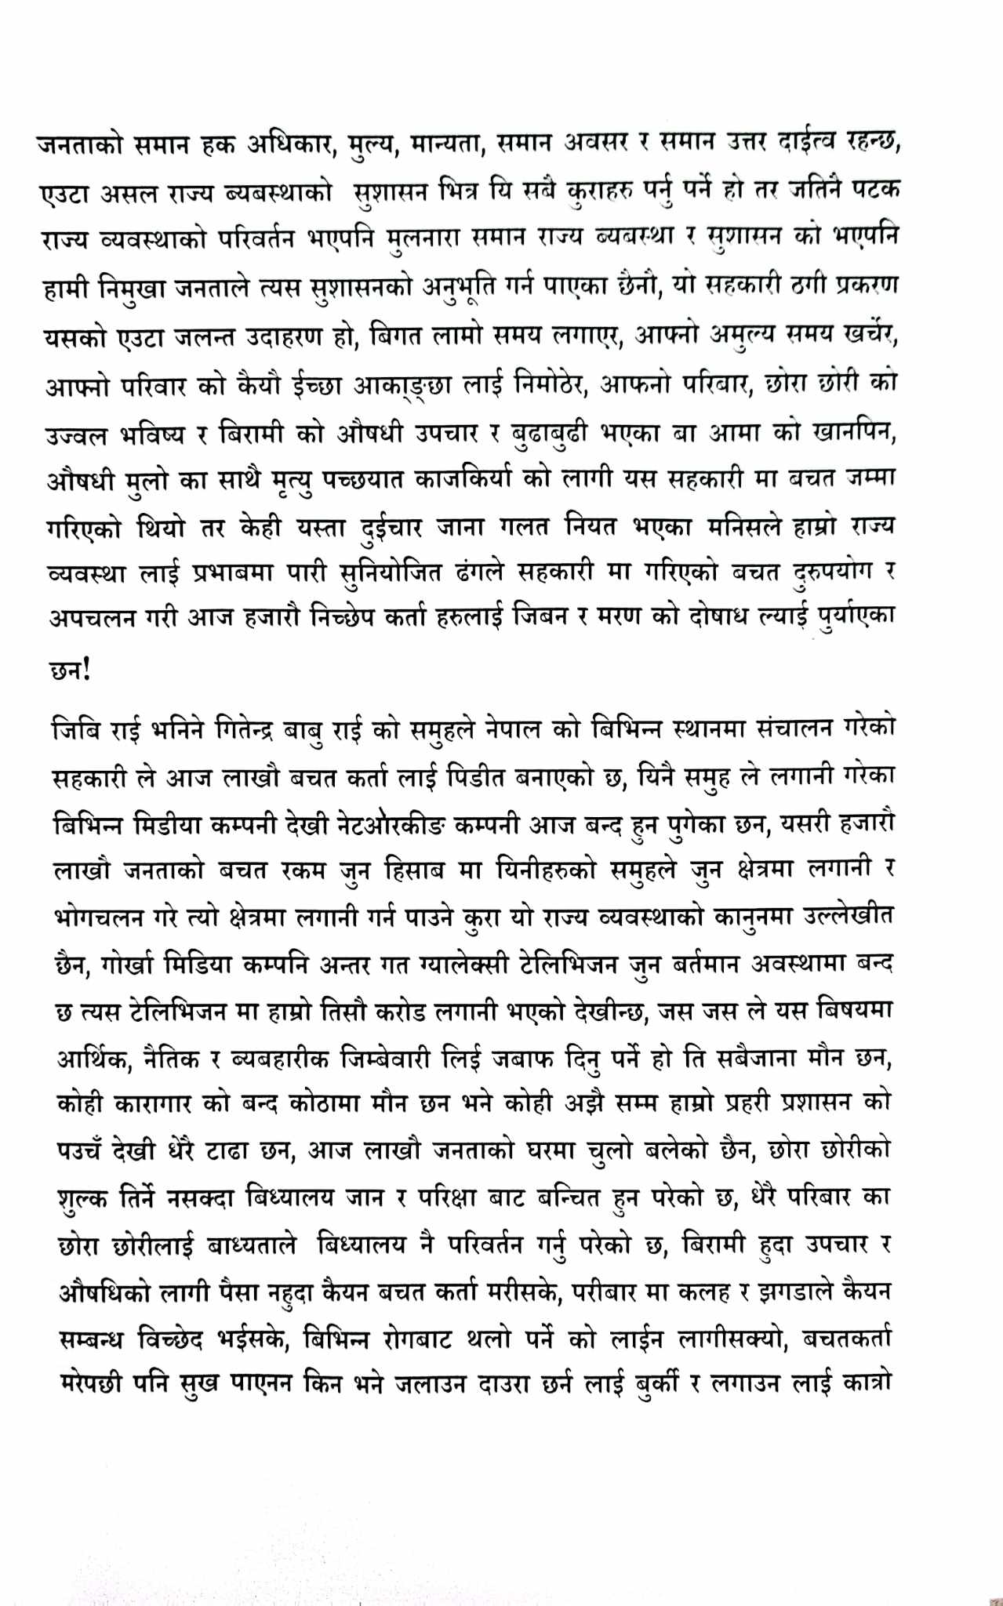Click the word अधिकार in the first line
pos(294,146)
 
